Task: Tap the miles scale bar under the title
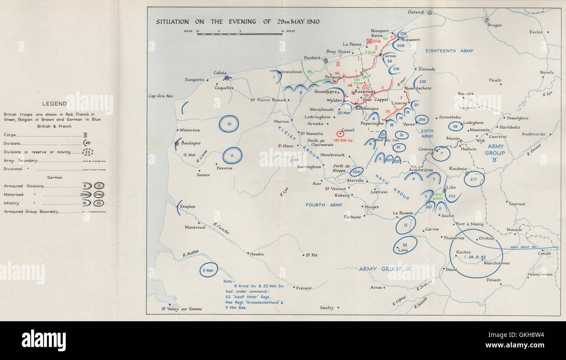[239, 34]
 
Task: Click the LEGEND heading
[54, 104]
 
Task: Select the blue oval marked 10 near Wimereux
[229, 124]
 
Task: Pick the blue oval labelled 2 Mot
[209, 270]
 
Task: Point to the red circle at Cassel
[340, 134]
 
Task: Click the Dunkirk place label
[312, 58]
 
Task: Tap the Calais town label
[220, 73]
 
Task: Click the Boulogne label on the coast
[191, 143]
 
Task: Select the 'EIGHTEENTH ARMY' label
[449, 51]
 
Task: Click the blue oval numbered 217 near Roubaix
[474, 179]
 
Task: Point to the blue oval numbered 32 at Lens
[405, 245]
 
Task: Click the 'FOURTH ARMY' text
[324, 205]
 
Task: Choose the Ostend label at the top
[415, 12]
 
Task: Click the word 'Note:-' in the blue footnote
[229, 281]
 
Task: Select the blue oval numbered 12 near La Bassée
[405, 225]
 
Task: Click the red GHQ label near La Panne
[377, 41]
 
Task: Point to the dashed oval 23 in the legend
[88, 152]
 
